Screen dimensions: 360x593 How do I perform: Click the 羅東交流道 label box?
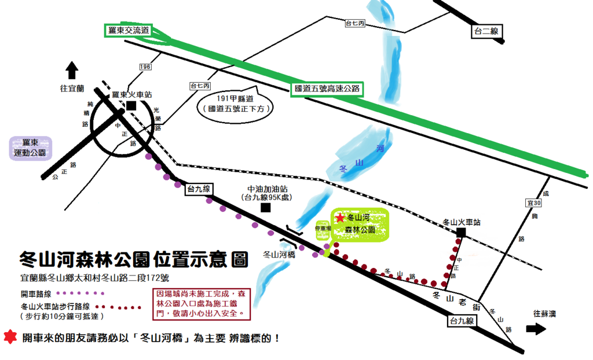[128, 30]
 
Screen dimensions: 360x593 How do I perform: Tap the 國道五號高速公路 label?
[327, 89]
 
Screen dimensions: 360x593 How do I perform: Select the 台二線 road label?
[486, 32]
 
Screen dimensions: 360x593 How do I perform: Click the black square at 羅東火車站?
[131, 105]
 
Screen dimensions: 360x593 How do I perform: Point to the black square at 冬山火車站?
[461, 232]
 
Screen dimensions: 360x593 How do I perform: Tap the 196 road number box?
[145, 67]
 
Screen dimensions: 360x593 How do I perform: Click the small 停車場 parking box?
[322, 229]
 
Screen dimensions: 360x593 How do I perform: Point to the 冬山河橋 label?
[280, 254]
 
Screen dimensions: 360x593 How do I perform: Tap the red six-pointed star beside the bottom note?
[9, 337]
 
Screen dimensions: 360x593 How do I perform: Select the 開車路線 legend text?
[36, 293]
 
